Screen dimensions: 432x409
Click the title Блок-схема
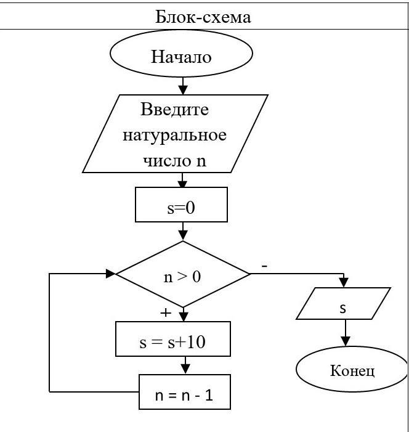203,16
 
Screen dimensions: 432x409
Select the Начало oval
182,57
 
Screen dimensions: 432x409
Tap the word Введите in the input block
175,110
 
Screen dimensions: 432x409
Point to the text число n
175,161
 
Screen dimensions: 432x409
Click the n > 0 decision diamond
182,275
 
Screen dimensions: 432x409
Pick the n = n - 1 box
184,393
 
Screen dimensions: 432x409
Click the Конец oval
352,370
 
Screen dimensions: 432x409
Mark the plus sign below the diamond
165,312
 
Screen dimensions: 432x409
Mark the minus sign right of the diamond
264,266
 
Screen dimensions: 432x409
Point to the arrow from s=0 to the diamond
182,232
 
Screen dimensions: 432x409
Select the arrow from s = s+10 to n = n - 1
185,366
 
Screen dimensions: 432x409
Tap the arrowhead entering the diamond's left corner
111,273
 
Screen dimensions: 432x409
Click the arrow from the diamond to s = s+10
182,314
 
